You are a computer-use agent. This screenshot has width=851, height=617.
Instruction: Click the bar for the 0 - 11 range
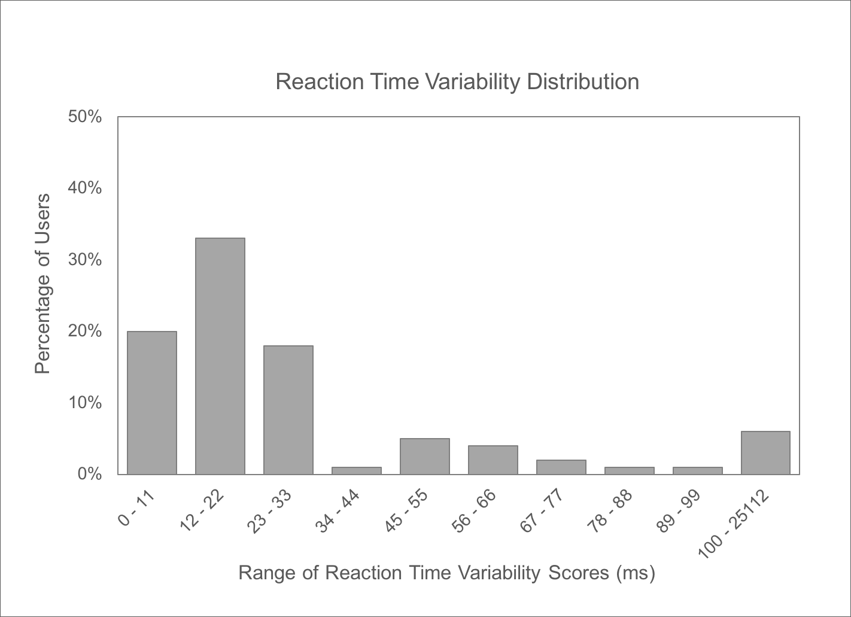click(x=152, y=403)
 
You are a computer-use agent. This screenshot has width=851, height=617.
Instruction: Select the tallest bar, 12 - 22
click(x=220, y=356)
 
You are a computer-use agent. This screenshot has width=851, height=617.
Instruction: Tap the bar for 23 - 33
click(x=288, y=410)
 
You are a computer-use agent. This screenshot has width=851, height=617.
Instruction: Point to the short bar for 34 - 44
click(x=357, y=471)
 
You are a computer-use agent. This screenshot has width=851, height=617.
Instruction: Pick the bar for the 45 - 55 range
click(x=425, y=456)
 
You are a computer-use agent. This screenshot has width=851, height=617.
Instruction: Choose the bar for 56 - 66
click(x=493, y=460)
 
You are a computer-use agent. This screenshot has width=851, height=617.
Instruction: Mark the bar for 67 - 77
click(x=561, y=467)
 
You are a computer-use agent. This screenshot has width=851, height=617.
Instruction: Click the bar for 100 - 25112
click(x=766, y=453)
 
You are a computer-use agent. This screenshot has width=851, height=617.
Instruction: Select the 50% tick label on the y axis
click(x=85, y=117)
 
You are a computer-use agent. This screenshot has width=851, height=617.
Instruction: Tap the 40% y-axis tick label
click(x=85, y=188)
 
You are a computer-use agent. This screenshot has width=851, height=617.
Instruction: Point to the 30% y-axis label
click(x=85, y=260)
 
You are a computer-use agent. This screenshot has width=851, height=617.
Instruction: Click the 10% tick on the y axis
click(x=85, y=403)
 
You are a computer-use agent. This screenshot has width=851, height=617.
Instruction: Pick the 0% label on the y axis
click(x=90, y=474)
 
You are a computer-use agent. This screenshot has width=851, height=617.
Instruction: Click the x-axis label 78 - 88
click(x=610, y=511)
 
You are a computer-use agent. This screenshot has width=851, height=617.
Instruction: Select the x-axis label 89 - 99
click(x=678, y=511)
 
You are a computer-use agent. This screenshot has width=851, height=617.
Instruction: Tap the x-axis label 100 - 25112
click(x=734, y=525)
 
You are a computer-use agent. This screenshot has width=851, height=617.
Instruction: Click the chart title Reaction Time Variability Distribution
click(x=457, y=81)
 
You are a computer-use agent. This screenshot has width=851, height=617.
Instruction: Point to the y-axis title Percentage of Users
click(x=42, y=284)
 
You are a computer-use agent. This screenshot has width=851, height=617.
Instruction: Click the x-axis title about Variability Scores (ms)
click(x=447, y=573)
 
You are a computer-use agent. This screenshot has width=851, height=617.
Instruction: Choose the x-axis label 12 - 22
click(x=202, y=511)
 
